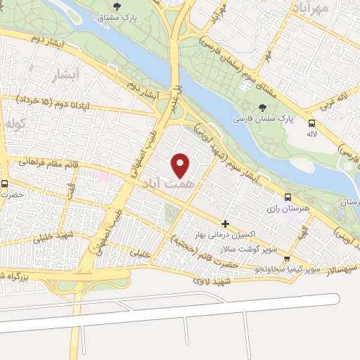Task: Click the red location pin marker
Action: pos(181,165)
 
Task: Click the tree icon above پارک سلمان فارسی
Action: pos(262,108)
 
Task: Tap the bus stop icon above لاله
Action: pos(311,123)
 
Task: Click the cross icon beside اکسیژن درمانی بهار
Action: pos(224,224)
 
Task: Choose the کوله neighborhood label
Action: pos(15,124)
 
